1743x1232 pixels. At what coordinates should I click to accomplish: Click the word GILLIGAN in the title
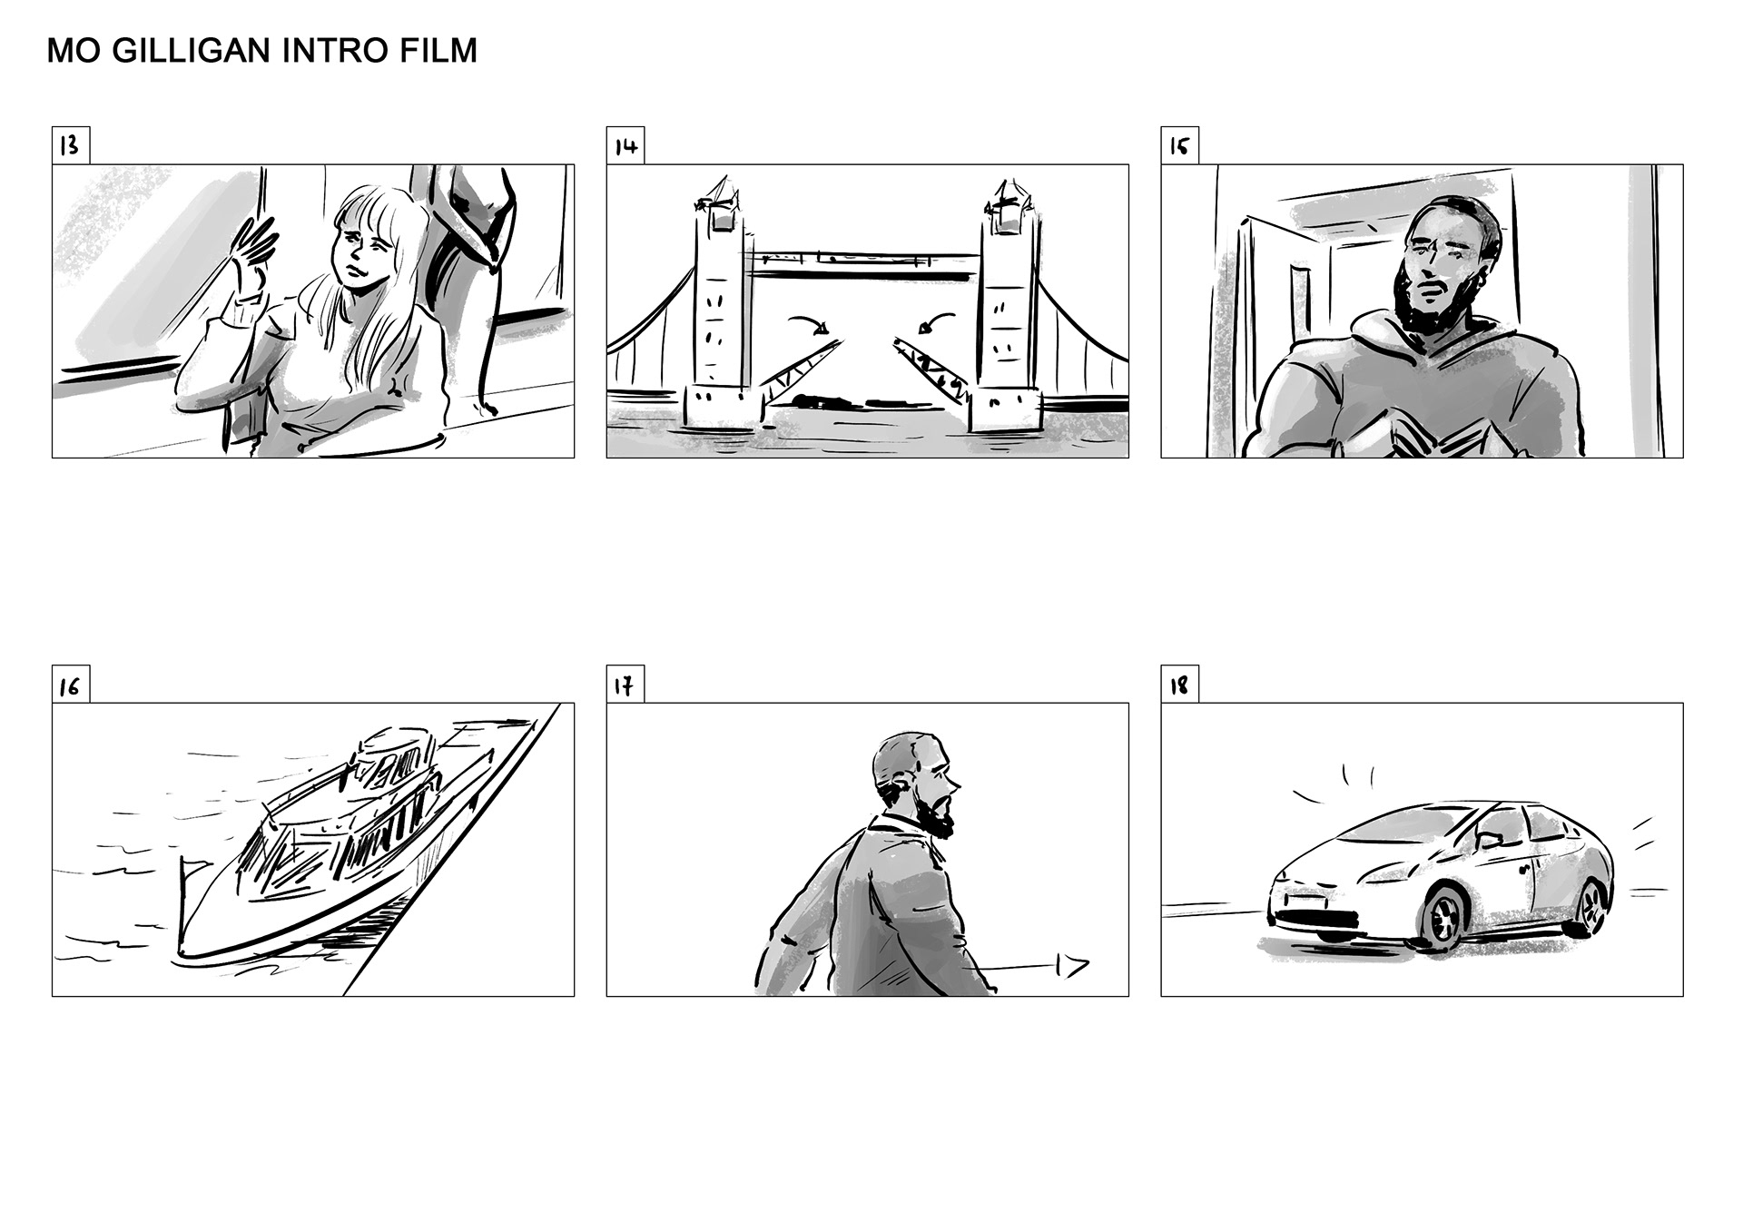point(192,51)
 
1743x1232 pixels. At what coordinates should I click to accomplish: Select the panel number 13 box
point(71,146)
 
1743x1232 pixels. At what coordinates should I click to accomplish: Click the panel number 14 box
point(625,146)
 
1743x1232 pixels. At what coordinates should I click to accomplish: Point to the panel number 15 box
point(1179,146)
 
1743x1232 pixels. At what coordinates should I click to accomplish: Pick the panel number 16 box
point(71,685)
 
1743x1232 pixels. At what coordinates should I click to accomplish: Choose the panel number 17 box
point(625,685)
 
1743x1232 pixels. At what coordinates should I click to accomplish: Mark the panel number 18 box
point(1179,685)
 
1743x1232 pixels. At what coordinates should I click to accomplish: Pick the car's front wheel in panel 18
point(1443,920)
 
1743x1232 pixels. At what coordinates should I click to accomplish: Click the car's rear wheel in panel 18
point(1590,907)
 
